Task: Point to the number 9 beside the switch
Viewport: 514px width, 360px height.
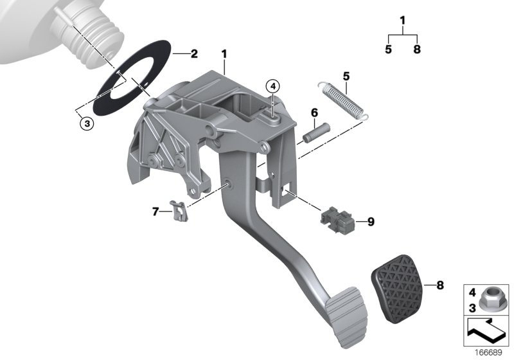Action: (371, 222)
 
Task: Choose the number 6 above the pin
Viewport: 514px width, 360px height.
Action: (314, 113)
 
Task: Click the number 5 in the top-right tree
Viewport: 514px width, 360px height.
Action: (389, 49)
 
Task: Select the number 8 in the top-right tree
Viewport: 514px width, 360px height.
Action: (417, 49)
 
